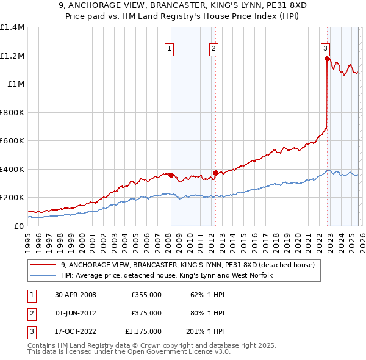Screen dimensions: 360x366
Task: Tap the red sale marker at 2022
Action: (x=327, y=59)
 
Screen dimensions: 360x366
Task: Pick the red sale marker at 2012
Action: (x=215, y=173)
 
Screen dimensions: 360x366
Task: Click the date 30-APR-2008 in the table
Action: (x=75, y=295)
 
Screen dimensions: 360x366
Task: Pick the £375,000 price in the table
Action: (x=146, y=313)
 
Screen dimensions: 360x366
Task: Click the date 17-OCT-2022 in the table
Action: (x=75, y=331)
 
